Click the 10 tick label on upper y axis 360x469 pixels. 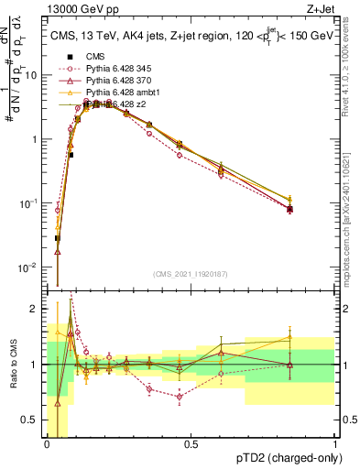click(x=34, y=76)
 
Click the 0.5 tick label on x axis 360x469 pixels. click(x=191, y=443)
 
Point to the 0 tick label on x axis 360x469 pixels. click(x=47, y=443)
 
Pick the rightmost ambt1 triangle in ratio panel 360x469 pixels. click(x=289, y=337)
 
